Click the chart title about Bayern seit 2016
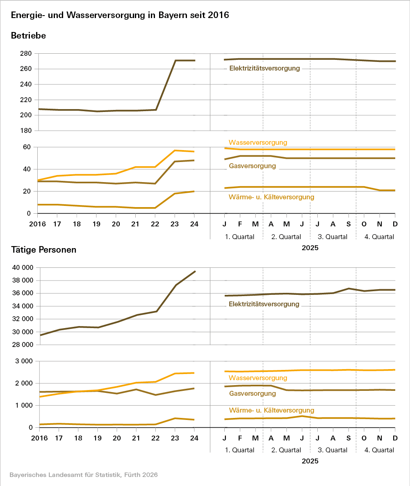click(120, 16)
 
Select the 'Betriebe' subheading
click(28, 36)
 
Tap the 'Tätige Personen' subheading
click(43, 250)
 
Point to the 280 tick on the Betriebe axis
click(25, 54)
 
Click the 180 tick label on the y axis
click(25, 131)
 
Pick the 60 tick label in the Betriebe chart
click(27, 147)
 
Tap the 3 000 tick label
click(24, 361)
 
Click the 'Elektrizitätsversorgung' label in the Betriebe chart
click(264, 68)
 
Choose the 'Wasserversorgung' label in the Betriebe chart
click(258, 142)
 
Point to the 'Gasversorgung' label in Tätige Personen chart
click(252, 394)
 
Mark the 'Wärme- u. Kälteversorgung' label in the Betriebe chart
click(271, 197)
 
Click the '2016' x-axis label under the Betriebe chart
click(38, 224)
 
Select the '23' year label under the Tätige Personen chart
click(175, 438)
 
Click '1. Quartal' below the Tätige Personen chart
click(239, 450)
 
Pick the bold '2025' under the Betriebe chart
click(310, 248)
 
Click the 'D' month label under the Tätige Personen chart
click(395, 438)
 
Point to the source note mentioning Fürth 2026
click(83, 475)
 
